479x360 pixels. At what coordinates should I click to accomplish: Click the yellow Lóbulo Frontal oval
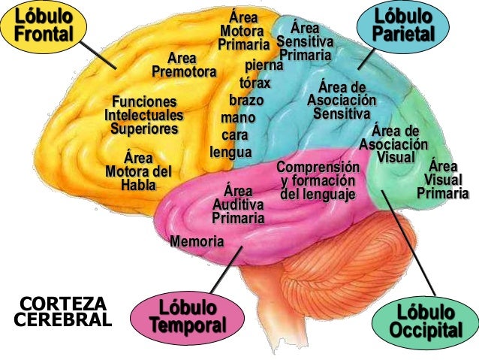click(44, 27)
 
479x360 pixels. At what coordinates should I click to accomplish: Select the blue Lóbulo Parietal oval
click(403, 26)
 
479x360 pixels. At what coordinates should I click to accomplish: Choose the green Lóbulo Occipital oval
click(426, 323)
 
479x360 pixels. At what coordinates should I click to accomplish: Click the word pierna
click(264, 65)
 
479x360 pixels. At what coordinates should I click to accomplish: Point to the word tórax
click(255, 83)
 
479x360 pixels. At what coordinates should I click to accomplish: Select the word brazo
click(246, 100)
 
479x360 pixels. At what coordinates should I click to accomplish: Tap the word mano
click(238, 118)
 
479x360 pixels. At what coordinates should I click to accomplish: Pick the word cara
click(234, 135)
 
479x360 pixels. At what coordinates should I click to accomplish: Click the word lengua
click(231, 153)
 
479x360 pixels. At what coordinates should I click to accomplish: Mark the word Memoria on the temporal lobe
click(197, 241)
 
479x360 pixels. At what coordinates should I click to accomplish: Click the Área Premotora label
click(184, 65)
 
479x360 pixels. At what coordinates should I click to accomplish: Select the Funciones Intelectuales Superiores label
click(144, 115)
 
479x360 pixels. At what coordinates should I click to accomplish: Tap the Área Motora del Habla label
click(139, 171)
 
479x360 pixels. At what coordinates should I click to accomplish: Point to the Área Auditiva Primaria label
click(238, 204)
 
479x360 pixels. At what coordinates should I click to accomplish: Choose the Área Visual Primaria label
click(443, 180)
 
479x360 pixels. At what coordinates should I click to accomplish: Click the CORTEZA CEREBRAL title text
click(63, 312)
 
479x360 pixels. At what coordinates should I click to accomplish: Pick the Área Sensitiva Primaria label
click(305, 41)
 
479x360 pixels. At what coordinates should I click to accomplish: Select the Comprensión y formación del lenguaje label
click(318, 181)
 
